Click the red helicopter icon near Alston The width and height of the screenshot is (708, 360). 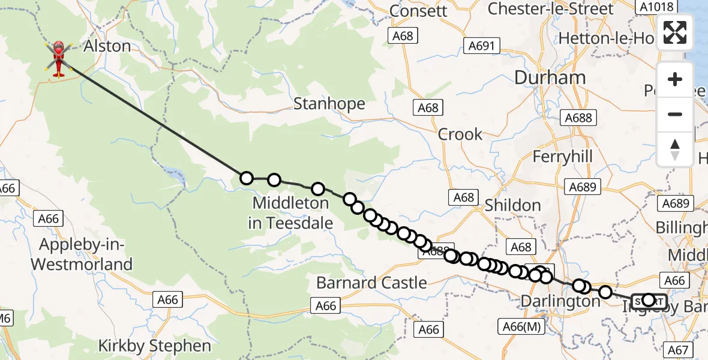[x=58, y=59]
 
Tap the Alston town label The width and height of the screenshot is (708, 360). [x=107, y=46]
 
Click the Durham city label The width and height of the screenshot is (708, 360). [x=550, y=77]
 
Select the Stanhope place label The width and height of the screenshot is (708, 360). [x=329, y=104]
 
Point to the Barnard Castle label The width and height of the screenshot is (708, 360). [x=371, y=283]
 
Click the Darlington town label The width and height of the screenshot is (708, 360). [x=560, y=301]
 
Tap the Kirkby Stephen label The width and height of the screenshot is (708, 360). [x=155, y=346]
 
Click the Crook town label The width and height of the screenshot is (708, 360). [x=460, y=134]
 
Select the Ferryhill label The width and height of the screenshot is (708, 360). [x=563, y=157]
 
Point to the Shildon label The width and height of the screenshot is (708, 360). [x=512, y=205]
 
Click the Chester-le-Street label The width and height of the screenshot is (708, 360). [x=551, y=9]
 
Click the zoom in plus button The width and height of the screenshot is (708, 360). [x=675, y=79]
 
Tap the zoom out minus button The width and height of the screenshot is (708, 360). [x=675, y=114]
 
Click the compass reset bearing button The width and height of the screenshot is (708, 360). [x=675, y=149]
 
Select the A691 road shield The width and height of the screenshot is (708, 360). [x=481, y=46]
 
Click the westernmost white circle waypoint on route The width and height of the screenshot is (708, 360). [x=246, y=178]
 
